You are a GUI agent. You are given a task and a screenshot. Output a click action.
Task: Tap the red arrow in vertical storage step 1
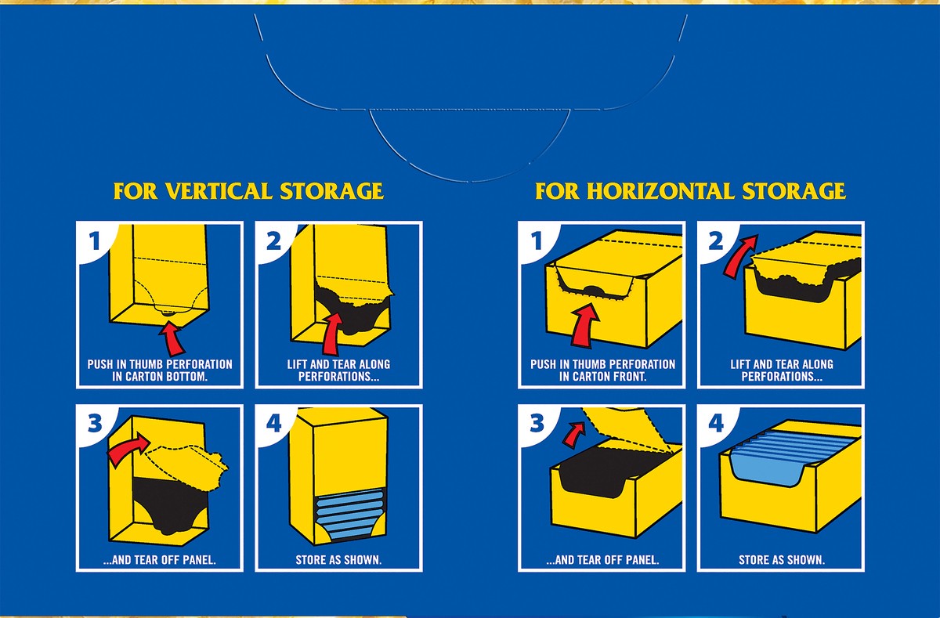(172, 338)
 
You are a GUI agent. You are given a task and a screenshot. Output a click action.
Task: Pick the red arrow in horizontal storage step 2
(740, 255)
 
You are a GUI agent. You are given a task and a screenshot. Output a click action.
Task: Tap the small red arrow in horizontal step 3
(573, 434)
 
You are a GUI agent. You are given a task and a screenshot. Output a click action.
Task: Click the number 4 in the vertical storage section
(273, 423)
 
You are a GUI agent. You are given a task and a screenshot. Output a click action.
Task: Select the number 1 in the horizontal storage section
(537, 240)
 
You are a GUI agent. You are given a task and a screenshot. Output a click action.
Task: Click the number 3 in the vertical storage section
(95, 423)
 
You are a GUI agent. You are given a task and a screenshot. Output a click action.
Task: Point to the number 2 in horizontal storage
(716, 240)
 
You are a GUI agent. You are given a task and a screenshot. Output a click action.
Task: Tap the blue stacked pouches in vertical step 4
(349, 513)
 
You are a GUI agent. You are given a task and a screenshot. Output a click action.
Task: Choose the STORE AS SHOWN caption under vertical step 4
(338, 560)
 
